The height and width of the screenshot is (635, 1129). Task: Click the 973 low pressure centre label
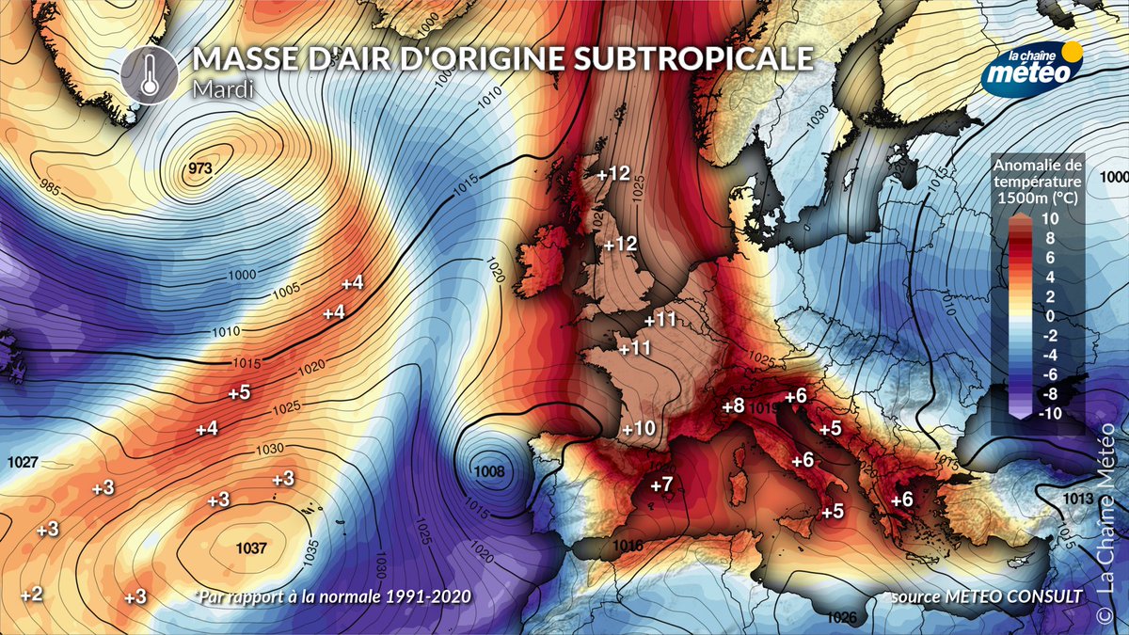(200, 169)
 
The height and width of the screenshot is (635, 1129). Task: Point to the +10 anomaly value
(639, 428)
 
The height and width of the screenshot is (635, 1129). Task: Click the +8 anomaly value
(733, 406)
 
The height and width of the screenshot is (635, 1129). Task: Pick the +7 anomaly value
(660, 485)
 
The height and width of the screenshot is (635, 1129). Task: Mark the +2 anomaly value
(31, 594)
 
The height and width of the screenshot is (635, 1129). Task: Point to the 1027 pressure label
(23, 462)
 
